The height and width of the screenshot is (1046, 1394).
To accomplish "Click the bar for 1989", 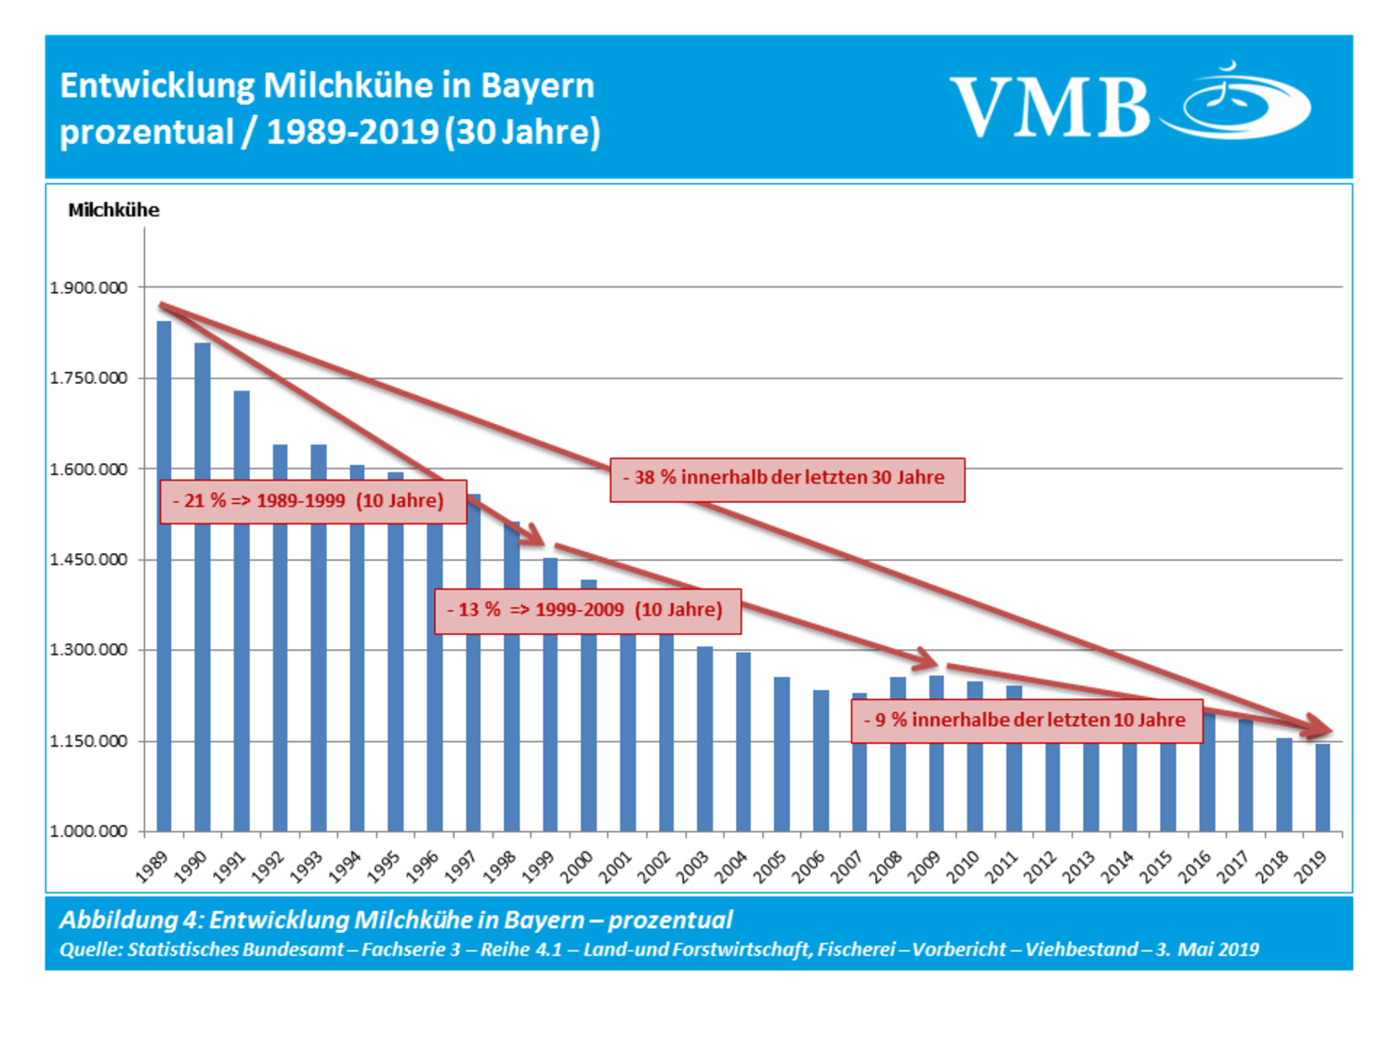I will pyautogui.click(x=164, y=576).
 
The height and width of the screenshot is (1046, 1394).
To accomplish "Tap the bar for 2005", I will pyautogui.click(x=782, y=754).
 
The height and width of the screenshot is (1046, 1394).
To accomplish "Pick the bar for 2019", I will pyautogui.click(x=1322, y=788).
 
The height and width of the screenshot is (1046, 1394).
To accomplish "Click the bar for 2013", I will pyautogui.click(x=1091, y=787).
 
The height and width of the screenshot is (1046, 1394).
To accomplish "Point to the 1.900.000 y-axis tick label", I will pyautogui.click(x=88, y=288).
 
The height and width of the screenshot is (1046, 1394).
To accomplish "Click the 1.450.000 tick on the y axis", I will pyautogui.click(x=88, y=560).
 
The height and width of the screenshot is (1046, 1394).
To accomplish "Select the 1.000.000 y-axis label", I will pyautogui.click(x=88, y=831).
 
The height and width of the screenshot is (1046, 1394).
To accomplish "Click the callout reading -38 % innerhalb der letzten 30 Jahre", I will pyautogui.click(x=787, y=479).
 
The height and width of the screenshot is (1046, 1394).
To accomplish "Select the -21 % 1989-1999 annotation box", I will pyautogui.click(x=312, y=501).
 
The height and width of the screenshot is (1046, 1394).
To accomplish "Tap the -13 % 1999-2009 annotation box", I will pyautogui.click(x=587, y=611).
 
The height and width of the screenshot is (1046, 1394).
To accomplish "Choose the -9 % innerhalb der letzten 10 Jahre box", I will pyautogui.click(x=1027, y=721).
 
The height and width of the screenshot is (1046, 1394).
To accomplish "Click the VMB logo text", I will pyautogui.click(x=1050, y=108).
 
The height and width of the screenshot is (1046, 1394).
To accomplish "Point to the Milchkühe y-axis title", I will pyautogui.click(x=113, y=210).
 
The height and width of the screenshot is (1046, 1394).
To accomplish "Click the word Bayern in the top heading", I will pyautogui.click(x=537, y=86).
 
